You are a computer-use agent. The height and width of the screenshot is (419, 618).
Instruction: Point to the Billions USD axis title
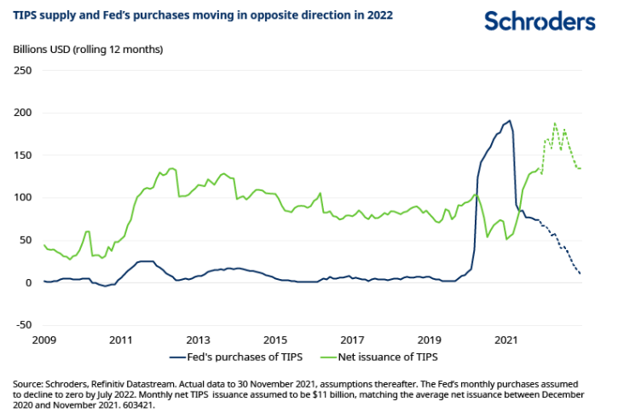87,49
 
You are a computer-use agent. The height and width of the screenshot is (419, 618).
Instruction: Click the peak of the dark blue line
510,120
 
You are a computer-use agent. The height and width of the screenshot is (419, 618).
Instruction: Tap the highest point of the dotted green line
555,123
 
